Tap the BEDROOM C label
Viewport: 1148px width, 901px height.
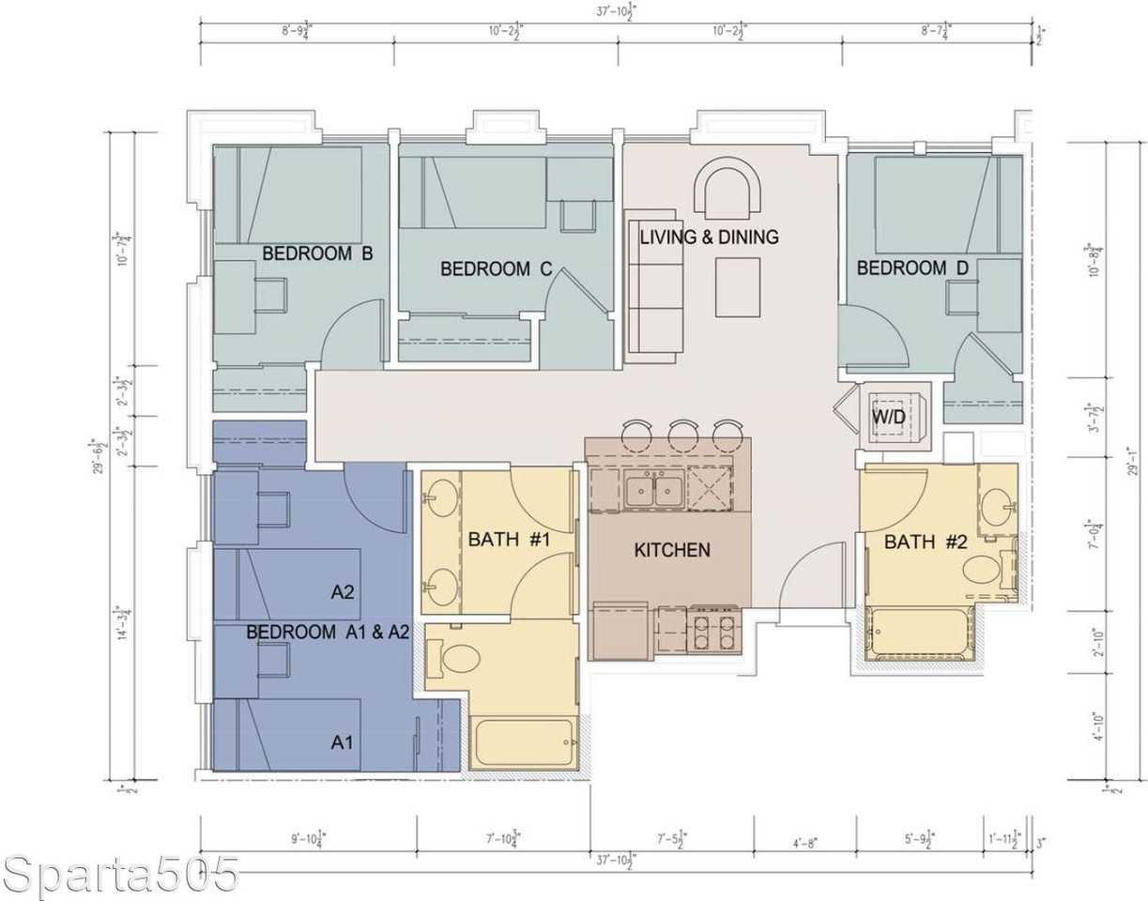496,269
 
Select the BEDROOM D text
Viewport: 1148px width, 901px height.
912,268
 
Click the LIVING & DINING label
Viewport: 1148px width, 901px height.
709,237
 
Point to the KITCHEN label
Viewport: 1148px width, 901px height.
672,550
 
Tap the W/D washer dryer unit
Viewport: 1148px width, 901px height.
888,415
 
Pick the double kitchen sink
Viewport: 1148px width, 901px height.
654,490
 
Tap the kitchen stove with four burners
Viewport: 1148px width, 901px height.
713,629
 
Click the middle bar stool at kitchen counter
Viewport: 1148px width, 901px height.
682,433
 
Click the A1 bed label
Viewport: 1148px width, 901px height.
343,742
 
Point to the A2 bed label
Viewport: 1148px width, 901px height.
343,592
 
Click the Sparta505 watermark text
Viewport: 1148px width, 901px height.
120,875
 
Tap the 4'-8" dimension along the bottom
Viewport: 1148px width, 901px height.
804,843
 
